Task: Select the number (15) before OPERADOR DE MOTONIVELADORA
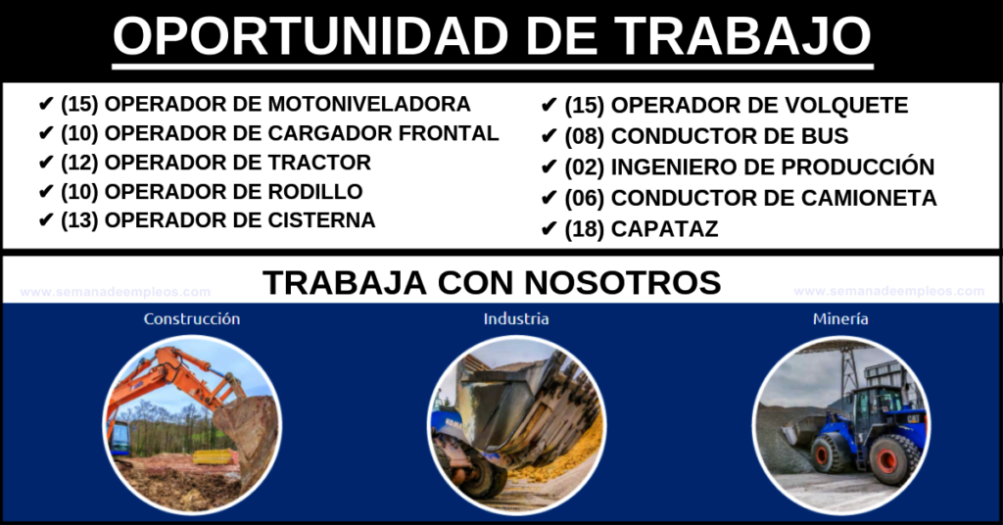tap(80, 104)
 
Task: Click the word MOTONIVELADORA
tap(369, 104)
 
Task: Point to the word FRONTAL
tap(449, 133)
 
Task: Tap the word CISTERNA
tap(321, 220)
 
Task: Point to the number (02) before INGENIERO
tap(585, 167)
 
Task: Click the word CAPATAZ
tap(665, 229)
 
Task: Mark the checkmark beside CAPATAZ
tap(549, 229)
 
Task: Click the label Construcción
tap(192, 318)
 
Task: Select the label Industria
tap(516, 318)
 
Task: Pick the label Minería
tap(840, 318)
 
